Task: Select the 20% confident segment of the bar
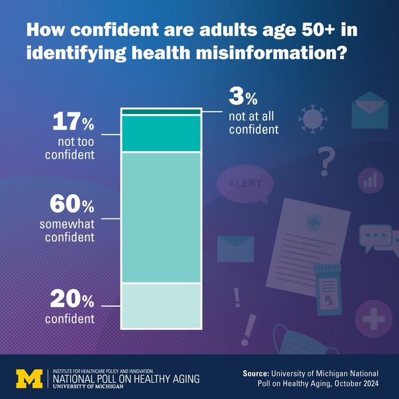(x=161, y=306)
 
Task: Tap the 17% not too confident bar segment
(x=161, y=134)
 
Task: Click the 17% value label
(x=73, y=122)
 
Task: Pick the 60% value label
(x=72, y=203)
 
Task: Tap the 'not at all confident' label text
(x=254, y=123)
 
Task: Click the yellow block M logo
(x=29, y=377)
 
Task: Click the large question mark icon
(x=325, y=161)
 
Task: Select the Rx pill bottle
(x=328, y=289)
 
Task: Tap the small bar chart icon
(x=370, y=178)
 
